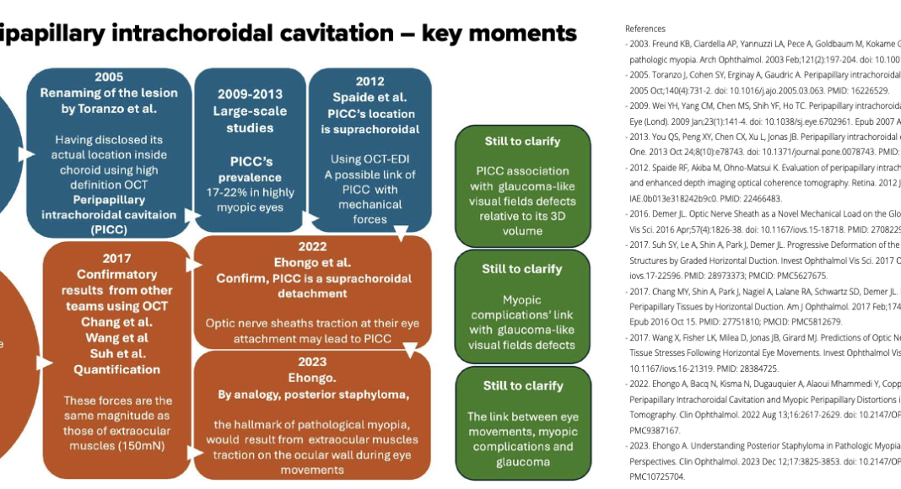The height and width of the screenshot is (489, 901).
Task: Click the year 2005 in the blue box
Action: (109, 77)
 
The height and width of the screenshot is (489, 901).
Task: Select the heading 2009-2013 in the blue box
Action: (250, 94)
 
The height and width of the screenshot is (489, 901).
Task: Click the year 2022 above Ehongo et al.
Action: (312, 246)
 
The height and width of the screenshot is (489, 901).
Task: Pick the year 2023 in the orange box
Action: (312, 363)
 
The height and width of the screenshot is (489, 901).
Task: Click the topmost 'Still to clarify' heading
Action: (522, 142)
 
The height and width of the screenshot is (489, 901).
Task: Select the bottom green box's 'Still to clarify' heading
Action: (522, 386)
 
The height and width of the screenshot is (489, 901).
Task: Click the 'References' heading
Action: (645, 29)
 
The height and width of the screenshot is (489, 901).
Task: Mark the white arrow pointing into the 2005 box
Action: (28, 154)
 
